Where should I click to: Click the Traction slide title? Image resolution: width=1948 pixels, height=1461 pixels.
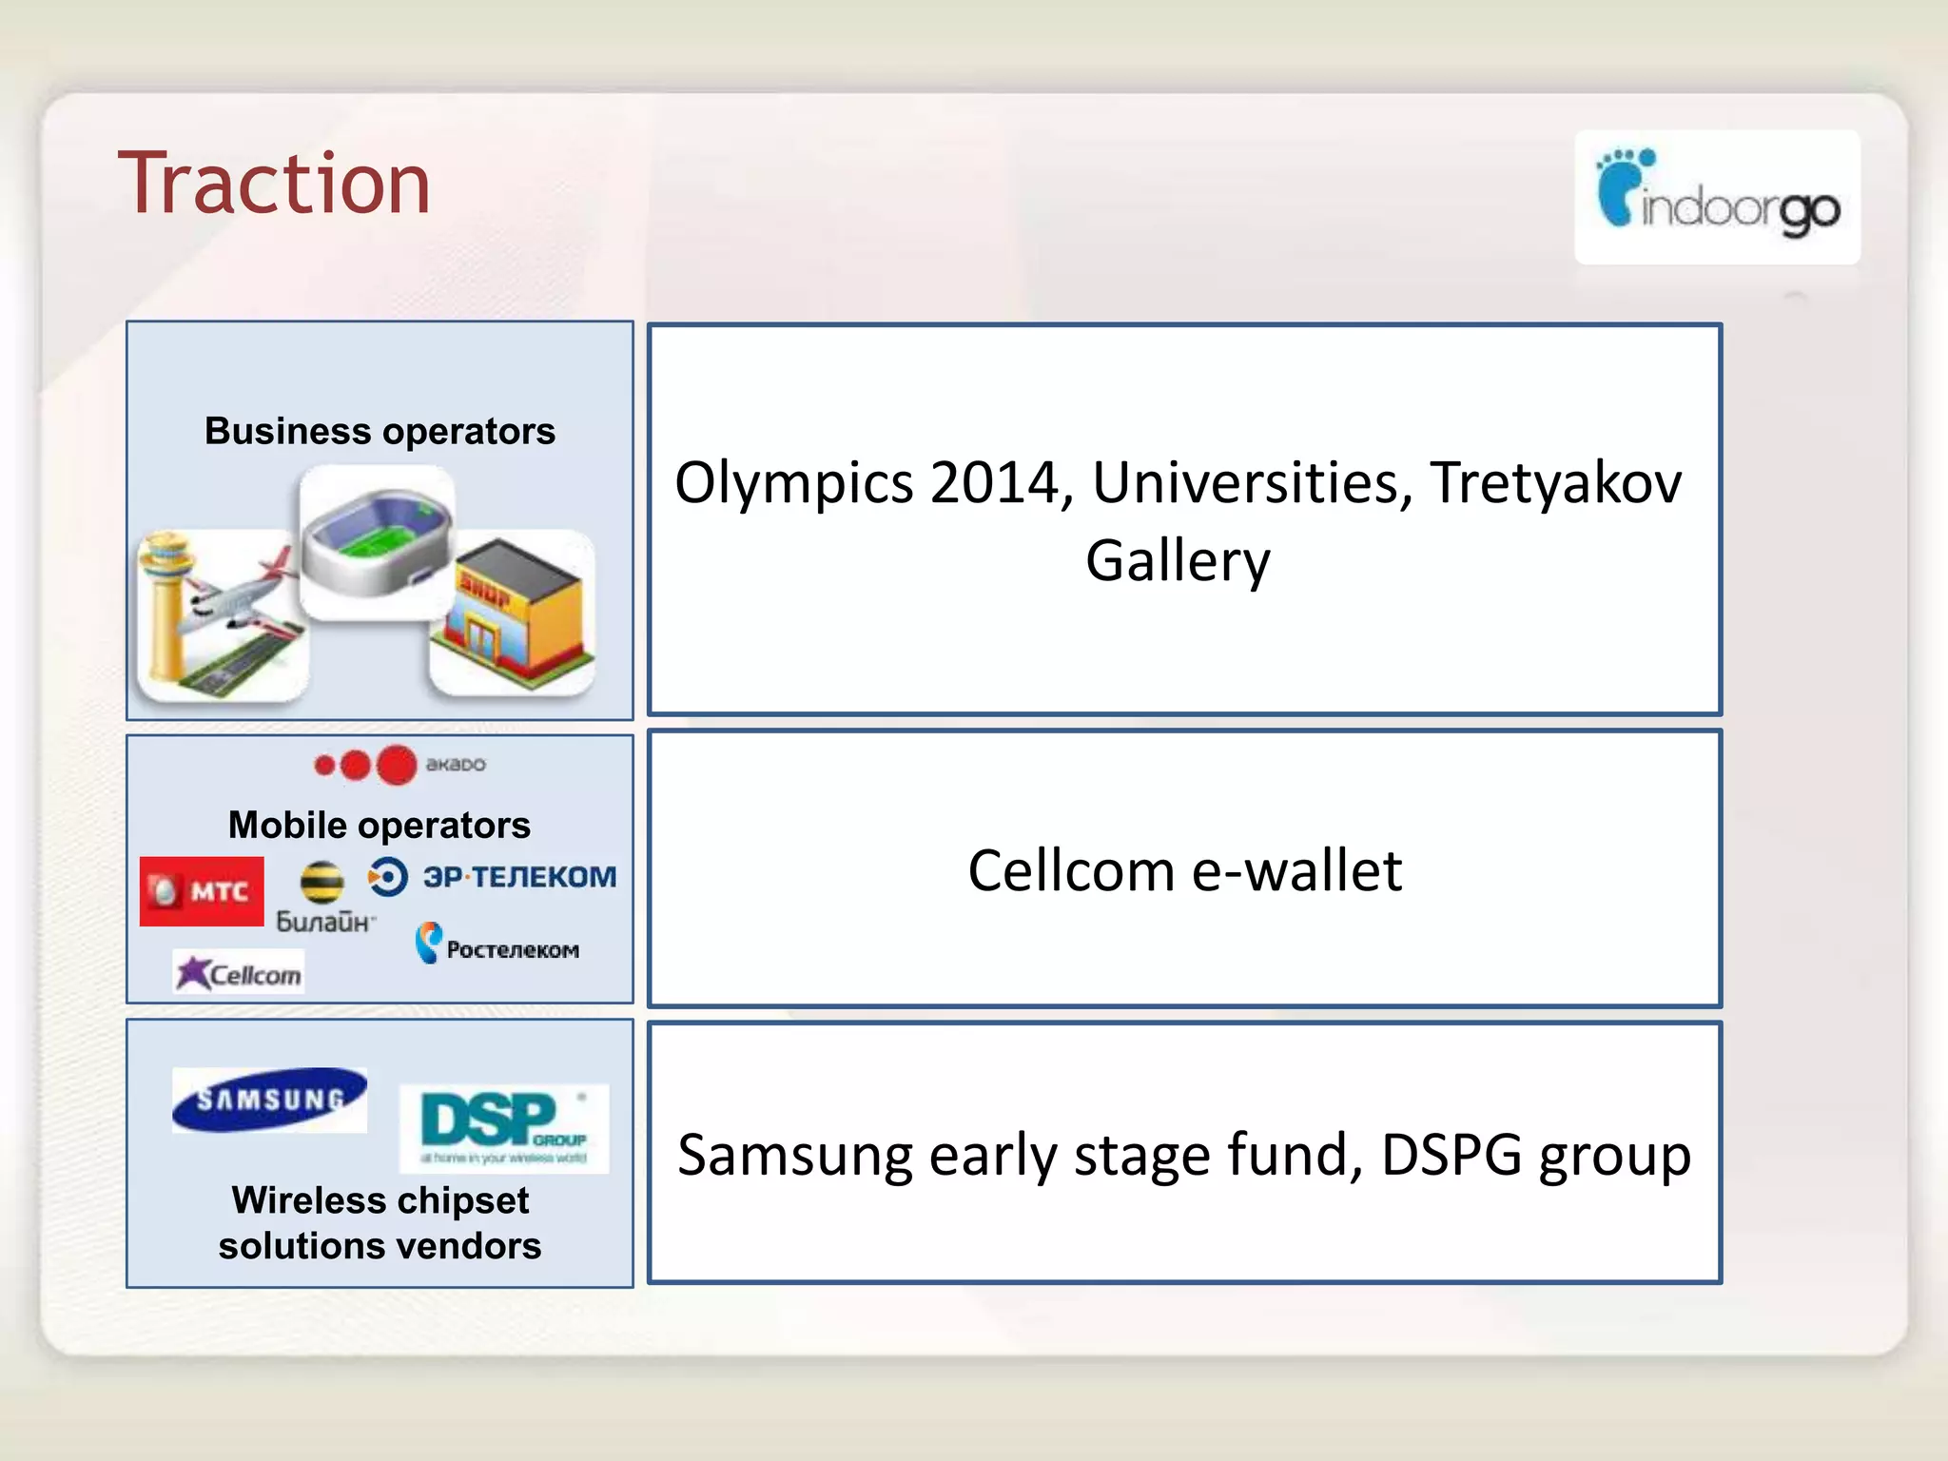click(274, 184)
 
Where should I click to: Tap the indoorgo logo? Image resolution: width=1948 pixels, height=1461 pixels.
click(1717, 198)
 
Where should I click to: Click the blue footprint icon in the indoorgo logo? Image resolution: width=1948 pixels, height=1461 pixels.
click(1622, 185)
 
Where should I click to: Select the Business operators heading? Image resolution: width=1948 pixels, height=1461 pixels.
click(380, 431)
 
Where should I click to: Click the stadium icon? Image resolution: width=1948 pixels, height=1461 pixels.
click(378, 542)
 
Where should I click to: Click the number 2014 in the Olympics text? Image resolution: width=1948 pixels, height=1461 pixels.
click(995, 483)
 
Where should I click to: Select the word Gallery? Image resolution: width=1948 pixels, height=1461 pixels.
click(1178, 561)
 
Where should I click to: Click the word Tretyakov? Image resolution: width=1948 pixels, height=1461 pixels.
click(1556, 483)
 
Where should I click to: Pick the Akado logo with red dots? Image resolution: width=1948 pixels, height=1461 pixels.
click(399, 765)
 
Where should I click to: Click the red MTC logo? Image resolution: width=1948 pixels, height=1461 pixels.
click(202, 891)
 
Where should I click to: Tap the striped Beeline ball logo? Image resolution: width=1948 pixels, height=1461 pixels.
click(322, 882)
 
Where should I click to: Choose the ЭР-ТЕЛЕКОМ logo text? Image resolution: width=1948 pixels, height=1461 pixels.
click(519, 877)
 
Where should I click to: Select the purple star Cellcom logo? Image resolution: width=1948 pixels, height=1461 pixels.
click(239, 973)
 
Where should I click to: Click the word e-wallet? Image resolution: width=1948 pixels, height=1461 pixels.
click(1297, 870)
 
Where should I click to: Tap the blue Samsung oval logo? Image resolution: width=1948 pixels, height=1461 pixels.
click(270, 1100)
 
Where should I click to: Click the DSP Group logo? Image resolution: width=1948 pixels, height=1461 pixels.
click(504, 1127)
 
